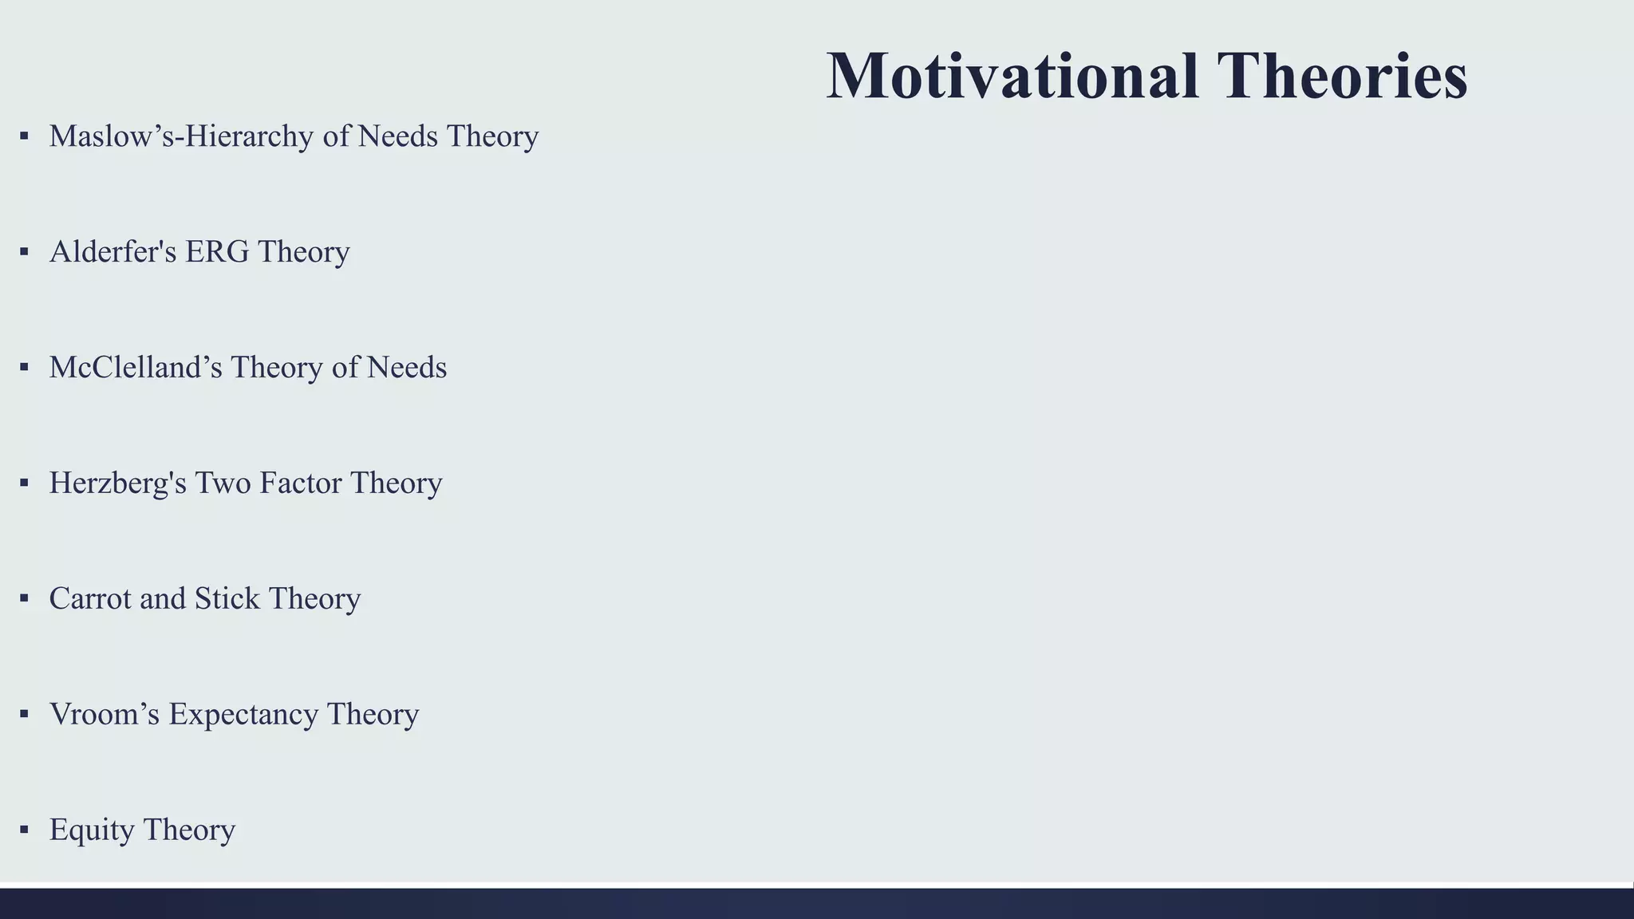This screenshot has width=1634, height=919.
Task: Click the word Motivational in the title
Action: pos(1012,77)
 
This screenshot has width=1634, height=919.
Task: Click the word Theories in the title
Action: pos(1342,77)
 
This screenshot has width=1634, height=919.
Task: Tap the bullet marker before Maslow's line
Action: pos(24,136)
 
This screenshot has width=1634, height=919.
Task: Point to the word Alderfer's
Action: pos(112,252)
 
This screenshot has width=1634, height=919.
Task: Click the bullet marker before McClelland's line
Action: pos(24,367)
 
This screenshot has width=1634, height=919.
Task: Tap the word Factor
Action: pos(300,483)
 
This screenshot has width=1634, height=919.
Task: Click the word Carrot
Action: pos(90,599)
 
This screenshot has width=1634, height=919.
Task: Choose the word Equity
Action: pos(92,830)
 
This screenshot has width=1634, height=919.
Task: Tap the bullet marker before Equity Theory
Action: pos(24,830)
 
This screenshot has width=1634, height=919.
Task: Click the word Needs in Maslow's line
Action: pos(398,136)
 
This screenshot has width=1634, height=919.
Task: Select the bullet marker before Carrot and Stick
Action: pos(24,598)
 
